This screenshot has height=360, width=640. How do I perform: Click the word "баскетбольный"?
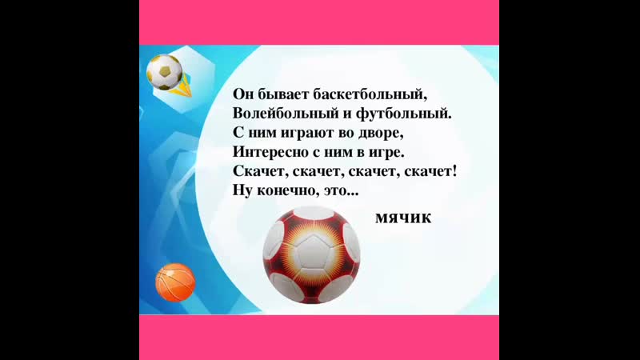click(370, 94)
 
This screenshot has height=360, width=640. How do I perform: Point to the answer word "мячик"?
click(403, 218)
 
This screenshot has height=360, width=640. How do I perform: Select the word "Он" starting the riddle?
click(243, 94)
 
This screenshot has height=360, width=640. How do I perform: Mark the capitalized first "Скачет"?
click(259, 171)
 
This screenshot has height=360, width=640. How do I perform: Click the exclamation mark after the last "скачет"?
click(454, 170)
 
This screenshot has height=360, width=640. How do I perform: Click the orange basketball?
click(175, 282)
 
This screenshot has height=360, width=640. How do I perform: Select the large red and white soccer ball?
click(311, 255)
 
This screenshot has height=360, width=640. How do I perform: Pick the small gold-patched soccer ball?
click(165, 72)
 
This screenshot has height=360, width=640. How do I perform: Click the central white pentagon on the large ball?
click(313, 251)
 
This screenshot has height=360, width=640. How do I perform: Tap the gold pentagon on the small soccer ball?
click(165, 71)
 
